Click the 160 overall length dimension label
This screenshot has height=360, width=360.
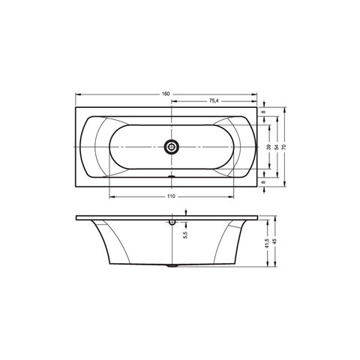[x=166, y=94]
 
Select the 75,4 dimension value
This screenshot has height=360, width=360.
[x=214, y=100]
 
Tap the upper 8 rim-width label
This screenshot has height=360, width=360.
[x=262, y=112]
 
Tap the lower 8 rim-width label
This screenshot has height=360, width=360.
[x=262, y=182]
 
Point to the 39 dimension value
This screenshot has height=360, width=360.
[x=269, y=147]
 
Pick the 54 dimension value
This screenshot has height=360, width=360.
[x=277, y=147]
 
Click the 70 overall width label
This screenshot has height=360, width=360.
[x=284, y=147]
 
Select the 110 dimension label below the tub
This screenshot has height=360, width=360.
[x=171, y=196]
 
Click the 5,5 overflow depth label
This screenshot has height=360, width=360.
[x=185, y=235]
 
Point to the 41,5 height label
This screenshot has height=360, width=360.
[x=267, y=243]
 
